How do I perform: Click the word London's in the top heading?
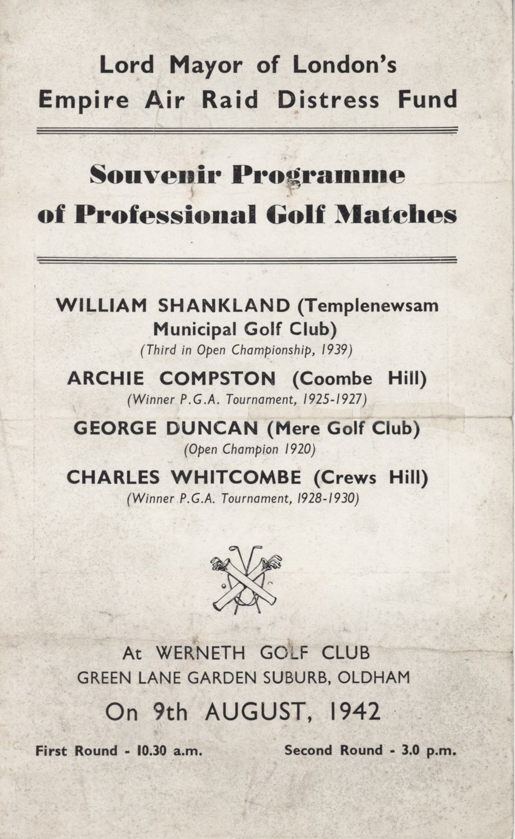344,65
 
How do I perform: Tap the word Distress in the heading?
328,99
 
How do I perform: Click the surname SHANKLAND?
224,305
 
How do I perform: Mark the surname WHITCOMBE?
236,477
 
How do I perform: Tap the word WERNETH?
200,653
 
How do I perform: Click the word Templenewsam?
372,305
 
